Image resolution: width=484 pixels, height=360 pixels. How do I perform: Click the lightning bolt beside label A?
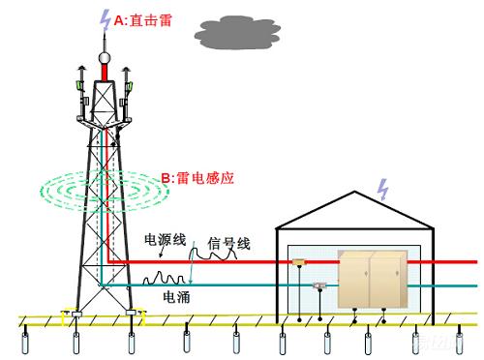pos(106,17)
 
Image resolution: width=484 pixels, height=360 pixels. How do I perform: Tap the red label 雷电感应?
pos(204,177)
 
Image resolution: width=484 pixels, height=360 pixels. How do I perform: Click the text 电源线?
pos(165,239)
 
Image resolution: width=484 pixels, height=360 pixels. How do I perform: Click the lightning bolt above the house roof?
pos(385,188)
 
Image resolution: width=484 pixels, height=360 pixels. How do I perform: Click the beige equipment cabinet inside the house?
pos(373,279)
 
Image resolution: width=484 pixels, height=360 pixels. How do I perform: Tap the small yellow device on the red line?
pos(300,261)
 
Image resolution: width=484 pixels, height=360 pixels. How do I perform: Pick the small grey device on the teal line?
pos(318,285)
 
